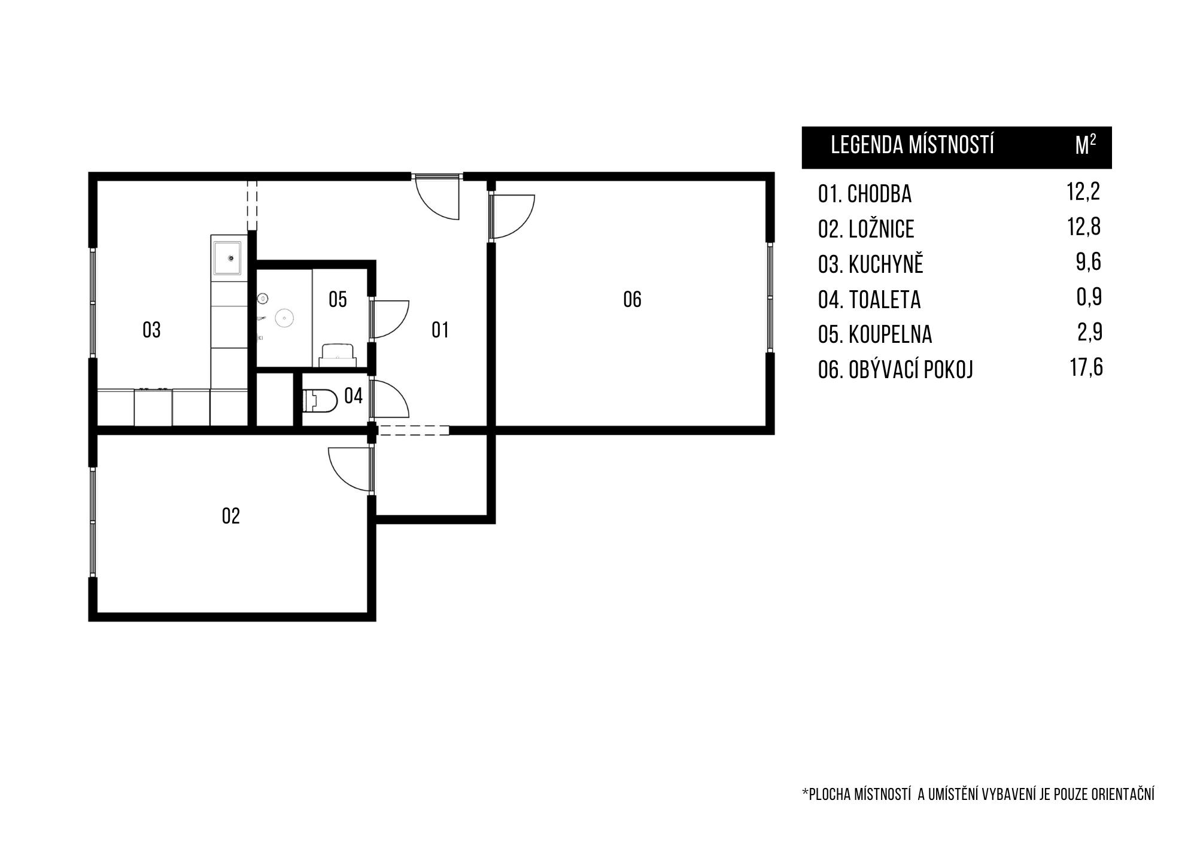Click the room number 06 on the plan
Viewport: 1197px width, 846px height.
pyautogui.click(x=632, y=299)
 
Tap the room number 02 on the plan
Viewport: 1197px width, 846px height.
pyautogui.click(x=231, y=516)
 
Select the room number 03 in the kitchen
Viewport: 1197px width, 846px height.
pyautogui.click(x=151, y=330)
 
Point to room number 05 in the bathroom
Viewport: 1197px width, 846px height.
pyautogui.click(x=338, y=299)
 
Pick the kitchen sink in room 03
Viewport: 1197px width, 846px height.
pyautogui.click(x=228, y=258)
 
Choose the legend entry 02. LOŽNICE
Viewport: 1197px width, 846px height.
pyautogui.click(x=866, y=229)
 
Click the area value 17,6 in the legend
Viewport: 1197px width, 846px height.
pyautogui.click(x=1086, y=367)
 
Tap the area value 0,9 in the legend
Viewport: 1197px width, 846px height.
pyautogui.click(x=1089, y=297)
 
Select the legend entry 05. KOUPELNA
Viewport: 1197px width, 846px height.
pyautogui.click(x=875, y=334)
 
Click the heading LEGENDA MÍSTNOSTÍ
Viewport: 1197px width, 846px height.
pyautogui.click(x=912, y=145)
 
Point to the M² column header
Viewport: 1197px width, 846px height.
pyautogui.click(x=1086, y=145)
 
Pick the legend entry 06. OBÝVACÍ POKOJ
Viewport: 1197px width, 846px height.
pyautogui.click(x=895, y=370)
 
